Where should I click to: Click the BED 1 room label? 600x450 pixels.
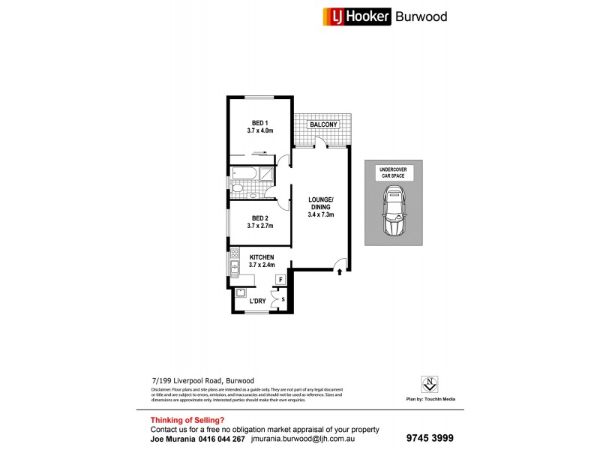coord(259,122)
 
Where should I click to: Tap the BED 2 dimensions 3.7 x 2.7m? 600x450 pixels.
coord(259,226)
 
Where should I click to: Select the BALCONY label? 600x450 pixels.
coord(322,124)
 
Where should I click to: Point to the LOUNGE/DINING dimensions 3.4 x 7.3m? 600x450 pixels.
coord(320,214)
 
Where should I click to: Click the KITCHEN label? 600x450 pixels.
coord(261,257)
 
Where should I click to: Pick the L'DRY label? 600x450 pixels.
coord(258,301)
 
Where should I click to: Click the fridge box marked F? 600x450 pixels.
coord(280,280)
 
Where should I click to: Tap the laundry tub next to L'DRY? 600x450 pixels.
coord(241,294)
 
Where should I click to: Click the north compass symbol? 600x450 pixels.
coord(430,383)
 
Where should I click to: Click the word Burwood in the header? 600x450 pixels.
coord(421,16)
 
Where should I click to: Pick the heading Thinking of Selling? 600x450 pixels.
coord(187,420)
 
